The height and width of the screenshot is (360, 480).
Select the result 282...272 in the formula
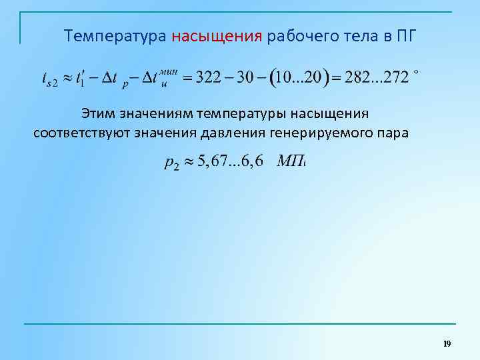[375, 78]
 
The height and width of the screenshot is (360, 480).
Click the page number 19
[447, 343]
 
